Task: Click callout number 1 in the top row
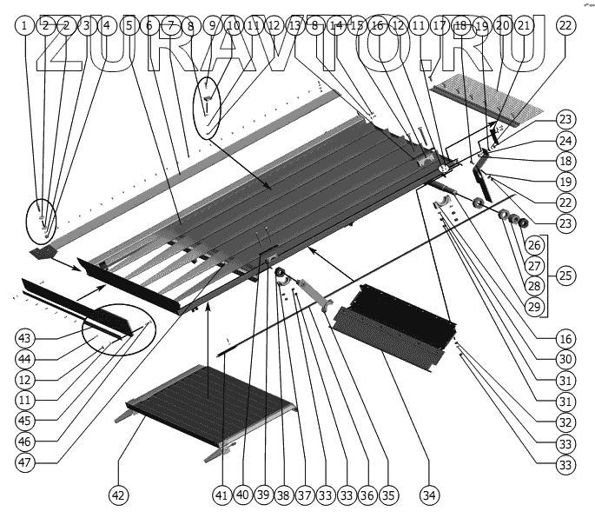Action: (x=25, y=26)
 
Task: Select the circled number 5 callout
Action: (x=129, y=26)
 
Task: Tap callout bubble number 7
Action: (x=169, y=26)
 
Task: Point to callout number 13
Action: (x=294, y=26)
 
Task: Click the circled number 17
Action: (x=440, y=26)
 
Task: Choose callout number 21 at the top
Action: (x=524, y=26)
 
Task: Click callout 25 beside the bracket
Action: (x=565, y=276)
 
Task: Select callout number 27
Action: (x=535, y=265)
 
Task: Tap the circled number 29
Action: (x=535, y=305)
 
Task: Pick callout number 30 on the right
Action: (x=565, y=357)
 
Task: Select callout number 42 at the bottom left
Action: (x=118, y=495)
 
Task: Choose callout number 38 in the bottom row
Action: (x=282, y=495)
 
